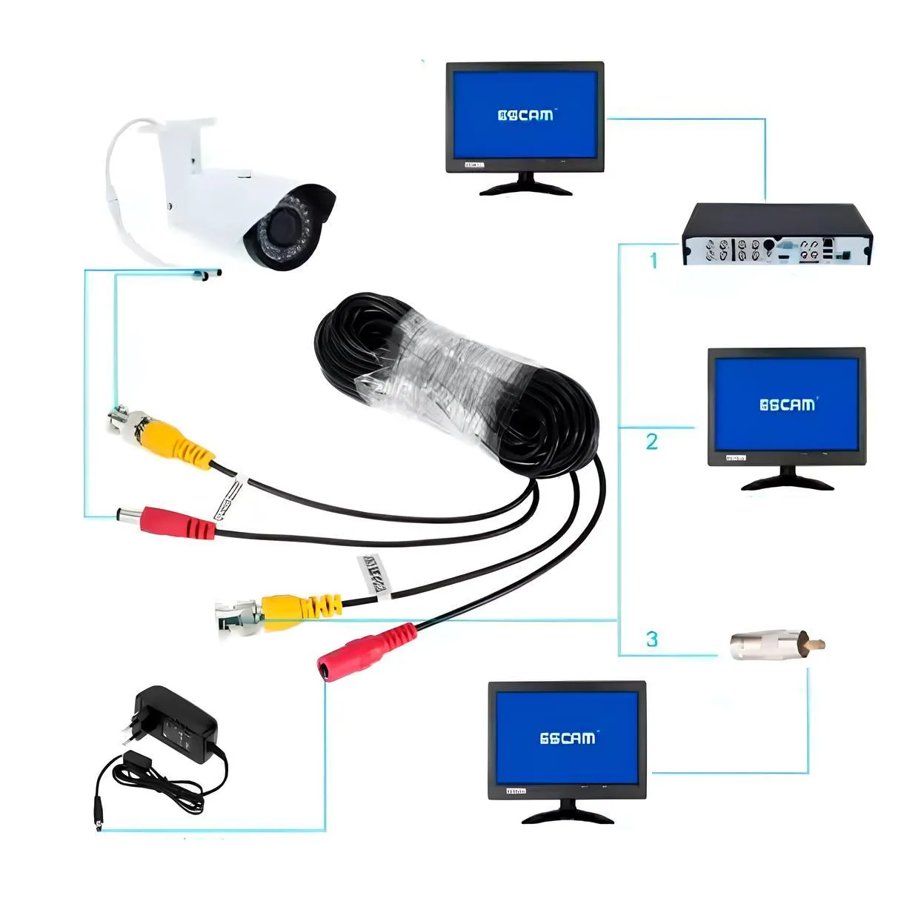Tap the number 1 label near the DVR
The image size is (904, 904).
[653, 260]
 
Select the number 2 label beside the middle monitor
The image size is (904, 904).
[651, 442]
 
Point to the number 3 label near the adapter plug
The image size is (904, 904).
[651, 638]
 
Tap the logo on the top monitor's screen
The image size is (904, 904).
[525, 115]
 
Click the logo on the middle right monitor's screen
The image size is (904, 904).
[787, 404]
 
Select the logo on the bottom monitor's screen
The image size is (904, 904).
[567, 737]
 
